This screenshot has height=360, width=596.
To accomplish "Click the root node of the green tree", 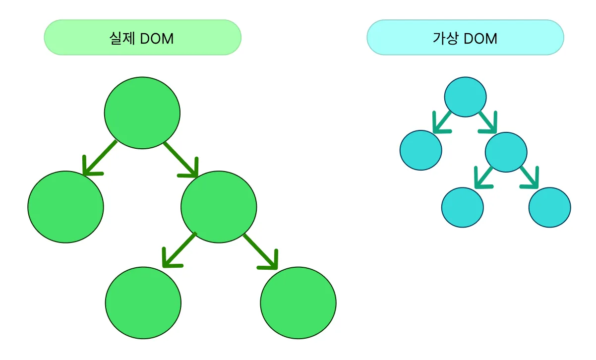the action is (x=142, y=113).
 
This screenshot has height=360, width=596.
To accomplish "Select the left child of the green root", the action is (x=65, y=206).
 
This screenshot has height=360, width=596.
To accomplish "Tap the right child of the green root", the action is (x=219, y=206).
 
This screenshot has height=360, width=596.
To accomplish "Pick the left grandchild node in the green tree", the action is (x=143, y=302).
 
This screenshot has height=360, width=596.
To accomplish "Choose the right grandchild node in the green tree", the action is (x=298, y=302).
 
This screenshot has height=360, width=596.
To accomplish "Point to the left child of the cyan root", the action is (x=420, y=150).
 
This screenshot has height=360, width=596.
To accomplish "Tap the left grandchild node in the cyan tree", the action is (x=462, y=207).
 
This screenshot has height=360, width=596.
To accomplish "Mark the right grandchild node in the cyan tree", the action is (x=550, y=207).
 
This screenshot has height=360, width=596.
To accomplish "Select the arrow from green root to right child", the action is (x=181, y=160).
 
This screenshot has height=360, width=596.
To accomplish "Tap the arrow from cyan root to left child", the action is (x=442, y=122).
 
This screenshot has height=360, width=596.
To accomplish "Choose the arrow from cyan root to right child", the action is (x=487, y=122).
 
